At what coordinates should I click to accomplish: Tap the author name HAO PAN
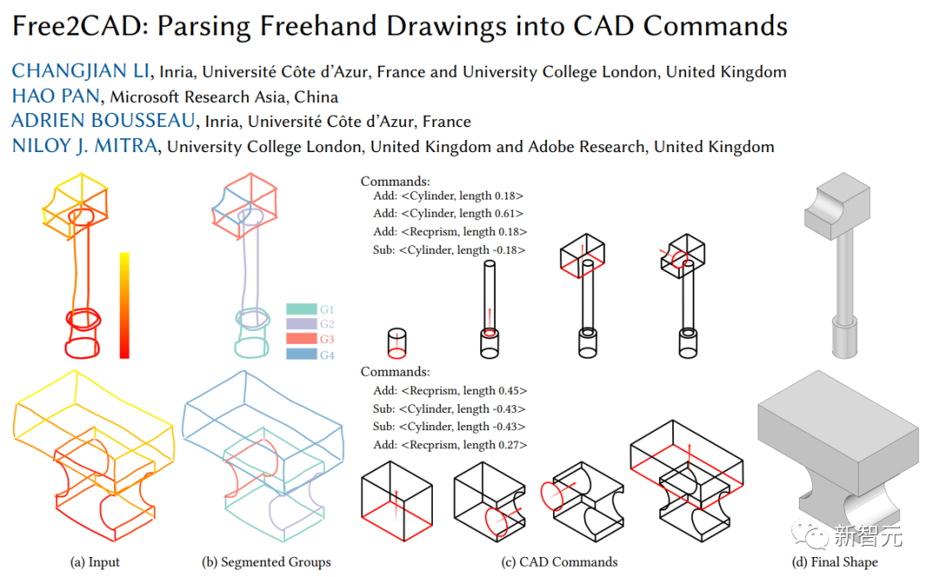[57, 97]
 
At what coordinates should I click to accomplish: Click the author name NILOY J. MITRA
[85, 146]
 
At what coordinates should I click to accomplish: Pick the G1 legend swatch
[301, 309]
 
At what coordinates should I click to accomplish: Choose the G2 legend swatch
[301, 325]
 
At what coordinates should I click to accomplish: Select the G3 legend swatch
[301, 340]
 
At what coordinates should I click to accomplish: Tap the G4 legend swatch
[301, 355]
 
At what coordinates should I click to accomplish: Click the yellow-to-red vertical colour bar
[124, 305]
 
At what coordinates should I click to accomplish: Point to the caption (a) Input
[95, 562]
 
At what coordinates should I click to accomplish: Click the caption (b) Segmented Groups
[266, 562]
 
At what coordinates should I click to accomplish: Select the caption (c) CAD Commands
[560, 562]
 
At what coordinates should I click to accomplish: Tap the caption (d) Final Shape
[835, 562]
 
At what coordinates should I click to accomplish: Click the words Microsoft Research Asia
[201, 97]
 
